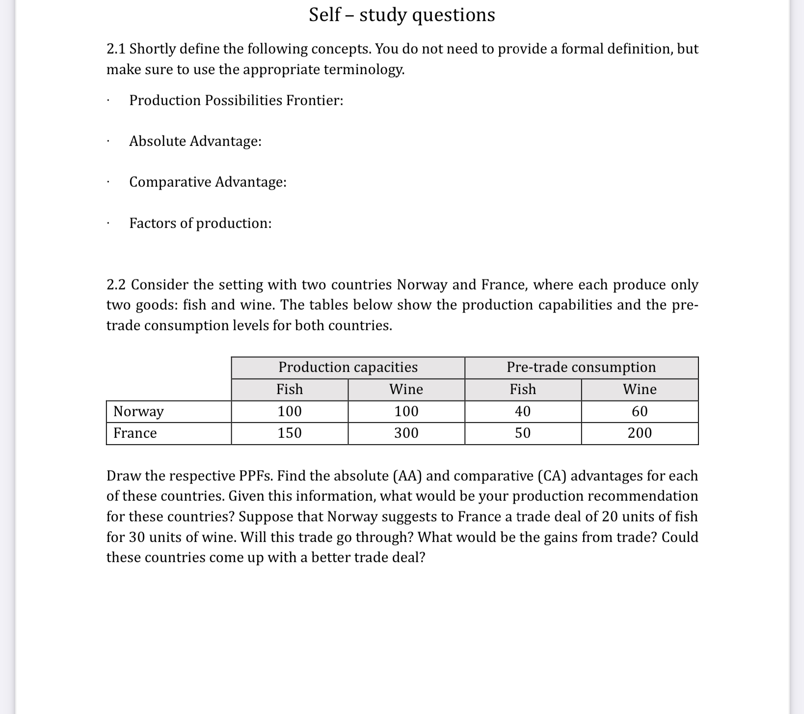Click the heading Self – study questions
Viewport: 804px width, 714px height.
[402, 15]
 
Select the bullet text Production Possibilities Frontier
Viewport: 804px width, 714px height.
[236, 100]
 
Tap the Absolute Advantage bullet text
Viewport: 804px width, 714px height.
[195, 141]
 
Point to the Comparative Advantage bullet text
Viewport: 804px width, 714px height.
[208, 182]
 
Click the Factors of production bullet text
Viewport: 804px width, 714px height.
[200, 223]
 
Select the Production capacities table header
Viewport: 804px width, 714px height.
[348, 367]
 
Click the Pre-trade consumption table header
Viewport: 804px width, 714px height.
[581, 367]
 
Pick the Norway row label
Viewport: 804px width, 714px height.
[138, 411]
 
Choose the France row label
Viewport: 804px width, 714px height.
[135, 433]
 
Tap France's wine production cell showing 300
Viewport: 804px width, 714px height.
[406, 433]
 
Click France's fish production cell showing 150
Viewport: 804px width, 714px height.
[290, 433]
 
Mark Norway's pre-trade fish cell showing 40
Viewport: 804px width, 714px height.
[523, 411]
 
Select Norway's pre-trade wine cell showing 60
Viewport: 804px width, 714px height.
[640, 411]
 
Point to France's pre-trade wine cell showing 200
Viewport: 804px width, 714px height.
[640, 433]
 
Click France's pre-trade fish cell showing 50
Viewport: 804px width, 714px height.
[523, 433]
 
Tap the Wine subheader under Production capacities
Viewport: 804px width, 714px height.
[406, 389]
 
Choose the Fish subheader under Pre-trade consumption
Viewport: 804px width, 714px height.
[523, 389]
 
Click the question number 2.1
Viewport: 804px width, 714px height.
[116, 49]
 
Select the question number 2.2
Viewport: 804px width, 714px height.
[116, 285]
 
